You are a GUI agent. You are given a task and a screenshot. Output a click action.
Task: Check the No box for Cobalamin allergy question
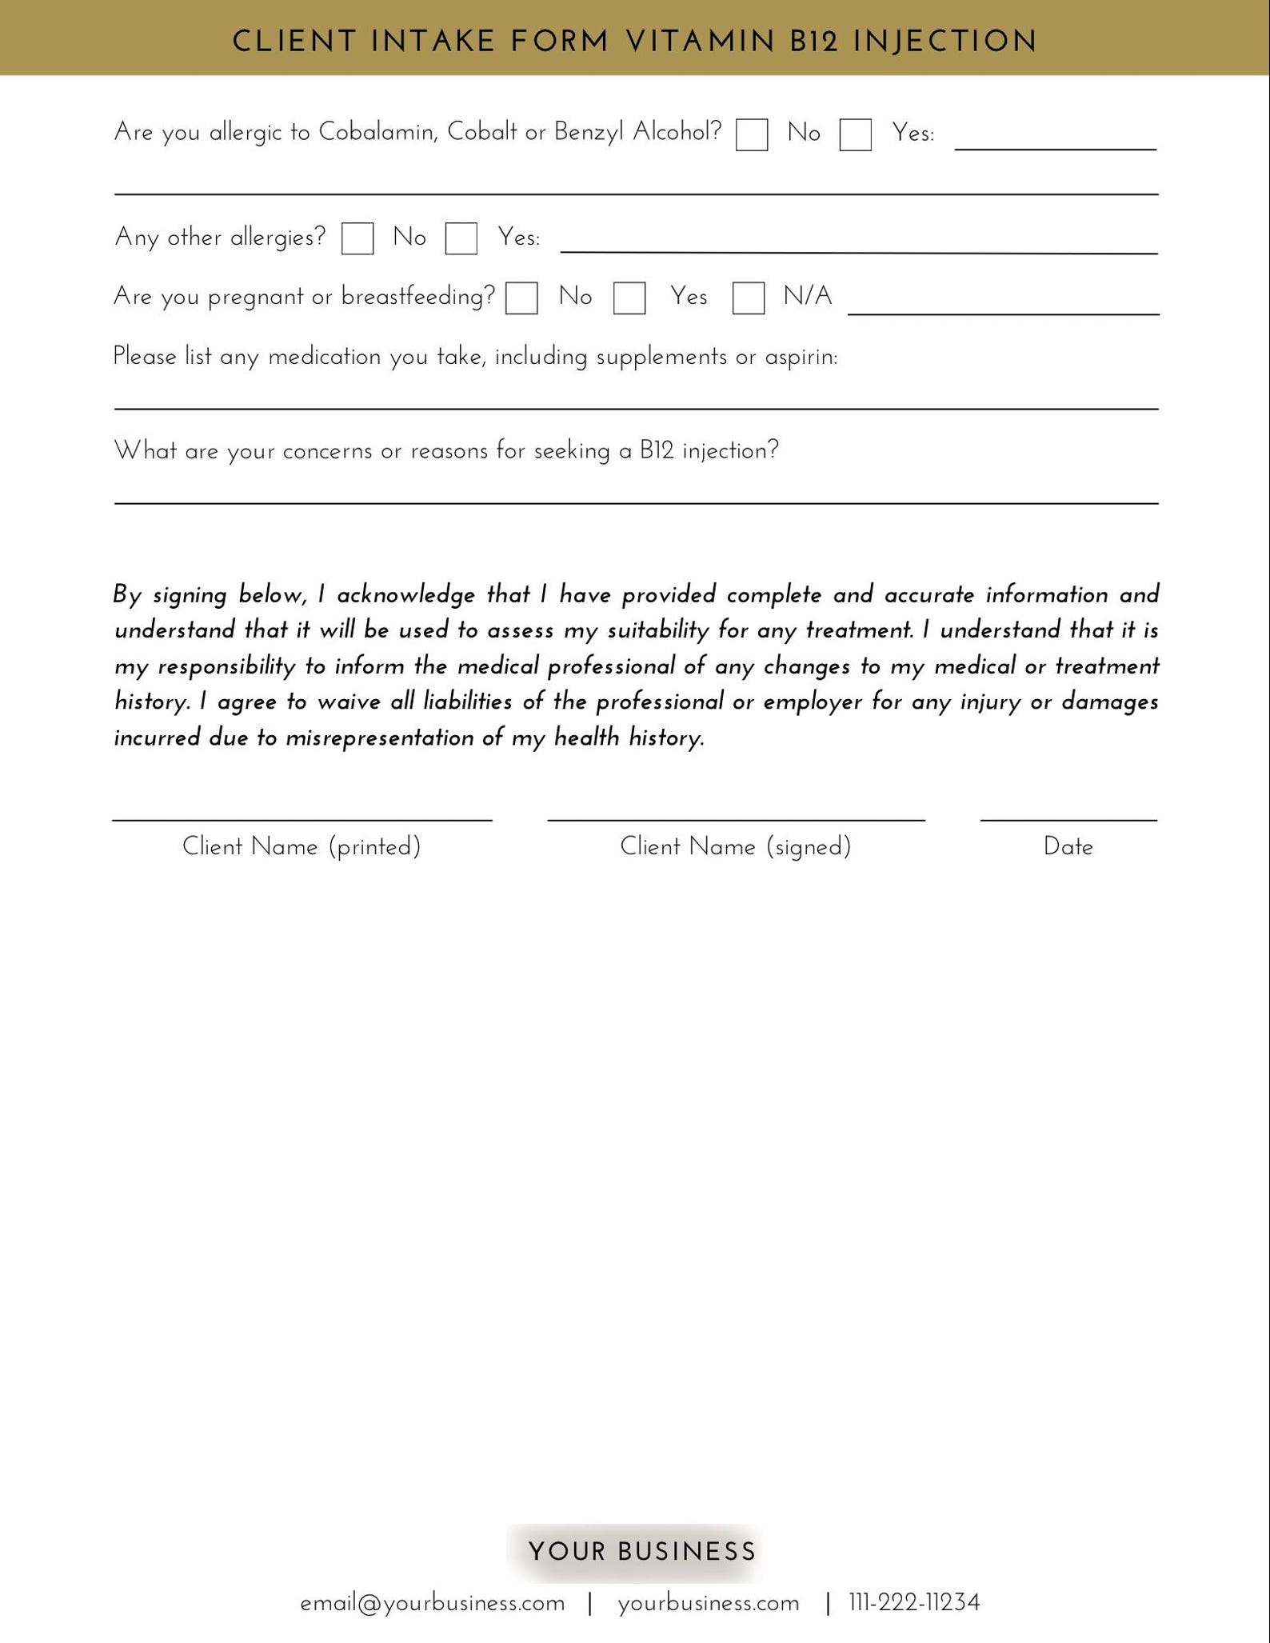[752, 134]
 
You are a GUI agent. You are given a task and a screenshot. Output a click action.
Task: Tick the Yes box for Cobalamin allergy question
[855, 134]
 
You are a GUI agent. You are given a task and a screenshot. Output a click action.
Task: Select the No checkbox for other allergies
[357, 238]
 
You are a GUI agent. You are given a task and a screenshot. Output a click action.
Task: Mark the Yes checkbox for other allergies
[461, 238]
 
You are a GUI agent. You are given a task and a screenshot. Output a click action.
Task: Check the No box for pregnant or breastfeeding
[521, 298]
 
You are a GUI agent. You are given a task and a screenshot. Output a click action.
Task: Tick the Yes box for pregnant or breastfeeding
[629, 298]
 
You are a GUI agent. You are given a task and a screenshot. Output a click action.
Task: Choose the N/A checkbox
[749, 298]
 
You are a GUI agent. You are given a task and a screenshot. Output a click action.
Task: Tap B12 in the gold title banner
[813, 42]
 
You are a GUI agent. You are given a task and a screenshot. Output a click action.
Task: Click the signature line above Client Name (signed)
[736, 819]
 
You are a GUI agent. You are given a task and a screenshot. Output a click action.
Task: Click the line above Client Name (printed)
[302, 819]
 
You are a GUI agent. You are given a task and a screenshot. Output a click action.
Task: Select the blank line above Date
[1068, 819]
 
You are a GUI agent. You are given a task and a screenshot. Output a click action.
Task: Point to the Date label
[1068, 846]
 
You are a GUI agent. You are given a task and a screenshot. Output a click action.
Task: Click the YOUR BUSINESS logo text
[641, 1552]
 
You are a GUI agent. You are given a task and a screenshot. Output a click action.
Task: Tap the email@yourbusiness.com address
[433, 1603]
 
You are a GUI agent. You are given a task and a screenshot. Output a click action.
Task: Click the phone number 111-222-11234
[914, 1603]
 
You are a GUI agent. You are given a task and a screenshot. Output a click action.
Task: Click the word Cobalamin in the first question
[377, 132]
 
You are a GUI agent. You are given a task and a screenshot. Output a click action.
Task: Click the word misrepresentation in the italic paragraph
[380, 738]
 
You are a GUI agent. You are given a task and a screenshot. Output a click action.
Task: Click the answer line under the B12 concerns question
[636, 502]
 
